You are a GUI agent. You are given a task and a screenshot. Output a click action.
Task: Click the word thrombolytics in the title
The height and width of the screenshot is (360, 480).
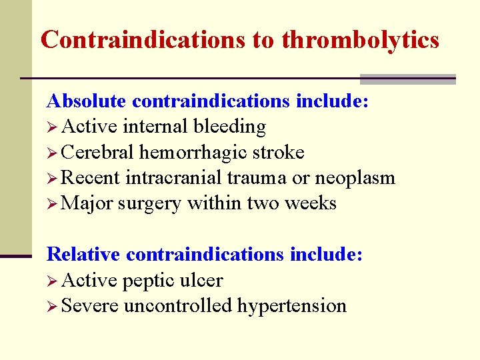click(x=360, y=40)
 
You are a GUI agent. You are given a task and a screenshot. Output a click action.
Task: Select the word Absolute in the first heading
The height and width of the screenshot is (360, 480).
click(x=86, y=101)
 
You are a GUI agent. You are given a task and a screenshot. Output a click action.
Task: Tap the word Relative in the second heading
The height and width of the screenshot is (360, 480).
click(x=83, y=255)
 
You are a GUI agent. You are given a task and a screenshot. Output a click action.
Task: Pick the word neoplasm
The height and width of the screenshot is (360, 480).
click(x=355, y=179)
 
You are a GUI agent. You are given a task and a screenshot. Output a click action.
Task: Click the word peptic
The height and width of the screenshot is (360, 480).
click(x=149, y=281)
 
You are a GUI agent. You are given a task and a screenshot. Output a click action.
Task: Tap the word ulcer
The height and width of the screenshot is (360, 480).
click(x=201, y=280)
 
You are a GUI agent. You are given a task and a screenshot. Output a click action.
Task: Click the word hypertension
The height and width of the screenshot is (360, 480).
click(x=292, y=307)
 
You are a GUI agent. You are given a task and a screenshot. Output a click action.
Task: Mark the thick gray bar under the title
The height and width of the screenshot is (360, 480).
click(x=407, y=79)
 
